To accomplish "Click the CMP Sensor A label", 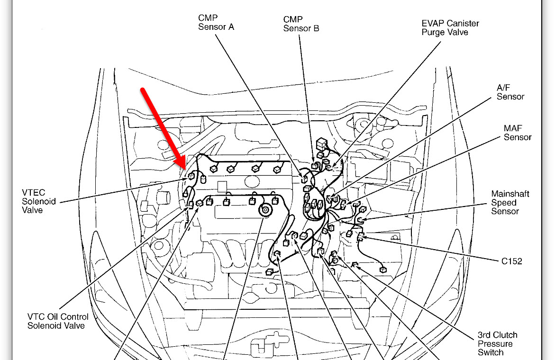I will click(216, 22).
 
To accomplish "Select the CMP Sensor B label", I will click(301, 24).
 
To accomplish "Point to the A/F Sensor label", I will click(510, 92).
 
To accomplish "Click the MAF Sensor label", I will click(517, 133).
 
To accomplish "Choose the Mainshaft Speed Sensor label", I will click(510, 202).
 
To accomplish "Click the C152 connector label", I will click(512, 261).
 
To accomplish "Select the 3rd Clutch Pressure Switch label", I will click(497, 343).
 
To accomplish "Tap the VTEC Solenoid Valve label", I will click(39, 201).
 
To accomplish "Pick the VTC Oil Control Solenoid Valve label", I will click(57, 321).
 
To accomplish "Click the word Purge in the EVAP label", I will click(432, 32).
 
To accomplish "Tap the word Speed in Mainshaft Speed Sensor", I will click(504, 203).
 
